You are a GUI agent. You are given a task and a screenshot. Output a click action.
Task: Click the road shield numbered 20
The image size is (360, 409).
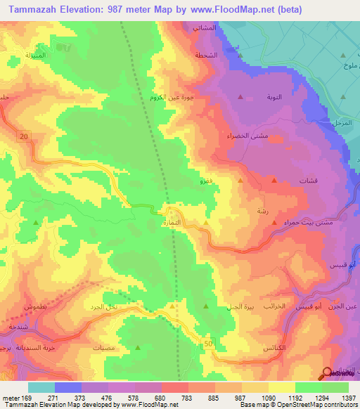(x=25, y=137)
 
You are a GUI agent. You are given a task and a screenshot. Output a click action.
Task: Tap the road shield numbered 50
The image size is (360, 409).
(x=208, y=343)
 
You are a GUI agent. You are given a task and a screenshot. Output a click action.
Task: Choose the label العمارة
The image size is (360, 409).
(x=172, y=223)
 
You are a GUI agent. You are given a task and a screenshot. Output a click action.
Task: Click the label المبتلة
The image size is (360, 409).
(x=35, y=55)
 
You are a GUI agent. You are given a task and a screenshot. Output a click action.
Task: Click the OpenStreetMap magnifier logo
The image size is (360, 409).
(x=328, y=373)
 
